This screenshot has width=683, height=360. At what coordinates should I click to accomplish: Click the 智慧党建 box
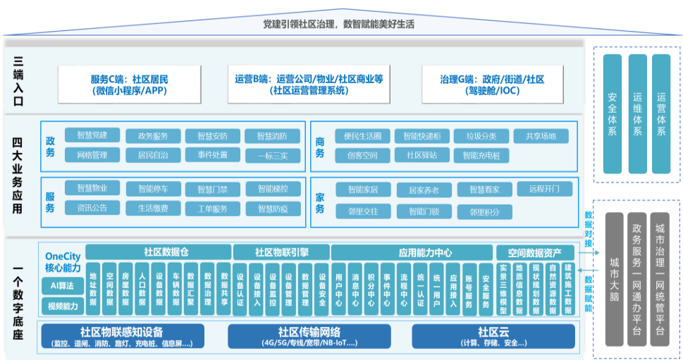[92, 135]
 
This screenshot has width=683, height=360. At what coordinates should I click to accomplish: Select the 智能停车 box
[153, 189]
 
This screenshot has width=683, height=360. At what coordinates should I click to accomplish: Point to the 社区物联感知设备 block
[123, 336]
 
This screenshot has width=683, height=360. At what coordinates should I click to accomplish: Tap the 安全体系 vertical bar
[612, 114]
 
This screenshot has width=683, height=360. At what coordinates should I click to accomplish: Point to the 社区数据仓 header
[158, 252]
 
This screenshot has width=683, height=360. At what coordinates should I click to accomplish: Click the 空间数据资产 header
[534, 252]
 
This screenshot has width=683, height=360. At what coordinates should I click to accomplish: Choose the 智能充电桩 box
[481, 155]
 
